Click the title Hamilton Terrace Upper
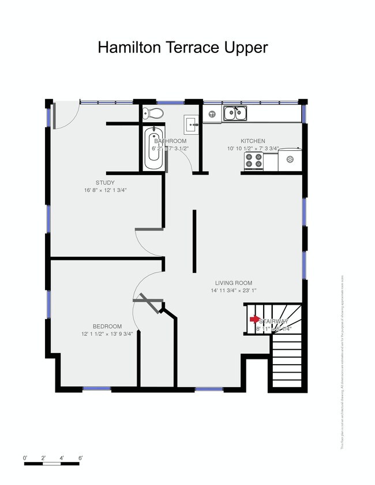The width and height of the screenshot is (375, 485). coord(183,47)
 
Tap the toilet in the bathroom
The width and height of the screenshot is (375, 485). coord(148,113)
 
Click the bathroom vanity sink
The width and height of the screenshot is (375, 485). coord(192,123)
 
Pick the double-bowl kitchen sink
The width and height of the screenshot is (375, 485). coord(235,112)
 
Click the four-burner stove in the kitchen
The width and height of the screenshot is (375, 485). coord(254,163)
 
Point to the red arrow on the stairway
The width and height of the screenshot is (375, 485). coord(254,319)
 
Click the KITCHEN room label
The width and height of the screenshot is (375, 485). coord(253,141)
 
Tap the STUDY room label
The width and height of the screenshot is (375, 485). coord(105,183)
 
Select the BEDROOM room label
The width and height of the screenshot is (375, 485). coord(107,326)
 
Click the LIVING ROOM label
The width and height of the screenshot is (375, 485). coord(234,283)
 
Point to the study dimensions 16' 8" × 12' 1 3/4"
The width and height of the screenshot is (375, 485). coord(105,190)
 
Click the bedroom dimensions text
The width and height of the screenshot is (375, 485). coord(107,334)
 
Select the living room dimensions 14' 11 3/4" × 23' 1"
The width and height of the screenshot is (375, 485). coord(234,290)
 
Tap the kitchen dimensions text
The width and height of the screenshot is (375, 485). coord(253,148)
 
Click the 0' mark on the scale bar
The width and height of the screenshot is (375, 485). coord(25,458)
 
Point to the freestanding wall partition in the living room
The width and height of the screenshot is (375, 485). coord(194,241)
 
